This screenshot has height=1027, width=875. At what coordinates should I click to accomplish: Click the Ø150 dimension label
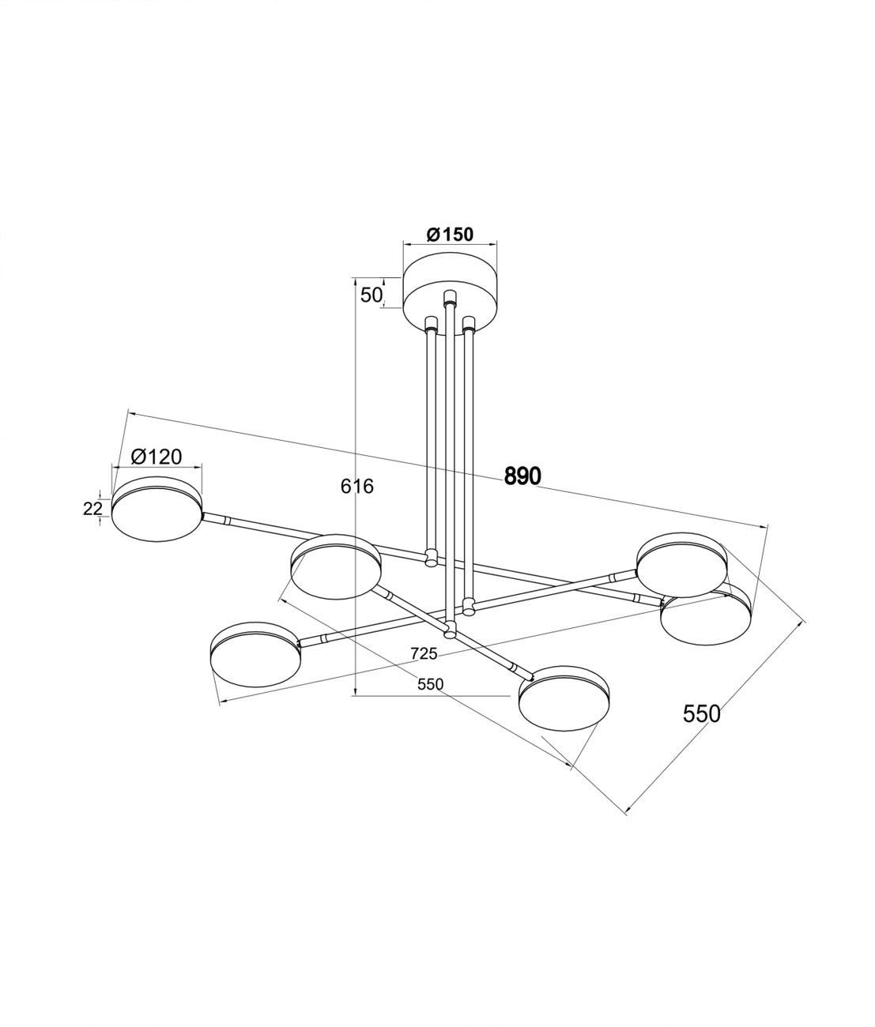click(x=450, y=234)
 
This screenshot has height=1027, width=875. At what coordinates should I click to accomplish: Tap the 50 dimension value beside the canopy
click(x=371, y=295)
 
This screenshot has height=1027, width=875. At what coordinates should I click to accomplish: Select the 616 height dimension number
click(x=357, y=486)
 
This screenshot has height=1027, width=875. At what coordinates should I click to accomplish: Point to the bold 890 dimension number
click(x=522, y=476)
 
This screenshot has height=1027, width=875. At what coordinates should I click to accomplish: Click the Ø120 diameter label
click(x=157, y=456)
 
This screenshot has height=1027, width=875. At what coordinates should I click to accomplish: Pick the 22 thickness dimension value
click(x=92, y=508)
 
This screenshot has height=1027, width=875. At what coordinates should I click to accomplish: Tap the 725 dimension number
click(x=424, y=653)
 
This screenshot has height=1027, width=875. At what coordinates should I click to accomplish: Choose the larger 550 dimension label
click(x=701, y=714)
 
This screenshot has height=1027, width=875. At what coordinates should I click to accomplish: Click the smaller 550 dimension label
click(x=430, y=684)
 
